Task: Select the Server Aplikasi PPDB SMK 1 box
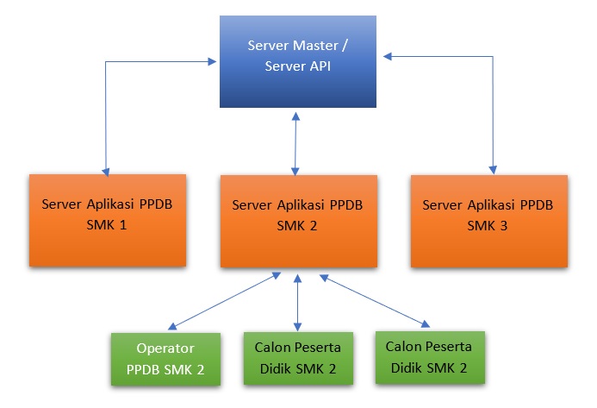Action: click(x=108, y=219)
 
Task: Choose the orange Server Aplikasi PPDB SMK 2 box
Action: click(x=298, y=220)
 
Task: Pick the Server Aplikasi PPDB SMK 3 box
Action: click(x=489, y=219)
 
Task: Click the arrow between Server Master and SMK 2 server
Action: click(x=297, y=142)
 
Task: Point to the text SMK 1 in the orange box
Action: click(x=108, y=229)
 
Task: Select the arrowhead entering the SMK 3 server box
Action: click(x=494, y=168)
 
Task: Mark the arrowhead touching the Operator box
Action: click(x=173, y=326)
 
